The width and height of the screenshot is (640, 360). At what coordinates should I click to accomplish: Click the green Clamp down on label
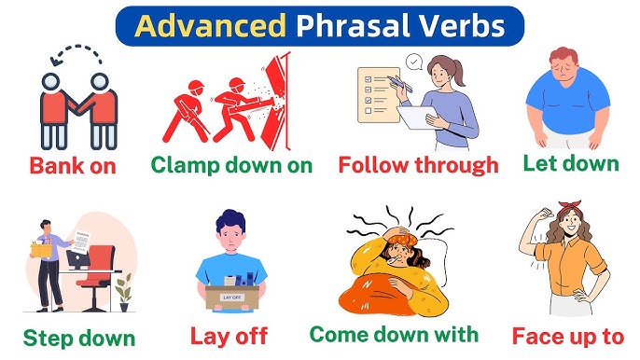pos(230,166)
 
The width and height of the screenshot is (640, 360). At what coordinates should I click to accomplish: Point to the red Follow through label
pos(418,166)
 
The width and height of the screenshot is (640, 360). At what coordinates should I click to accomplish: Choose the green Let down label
pos(570,163)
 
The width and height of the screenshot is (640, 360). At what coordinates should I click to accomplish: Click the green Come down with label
pos(393,334)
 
